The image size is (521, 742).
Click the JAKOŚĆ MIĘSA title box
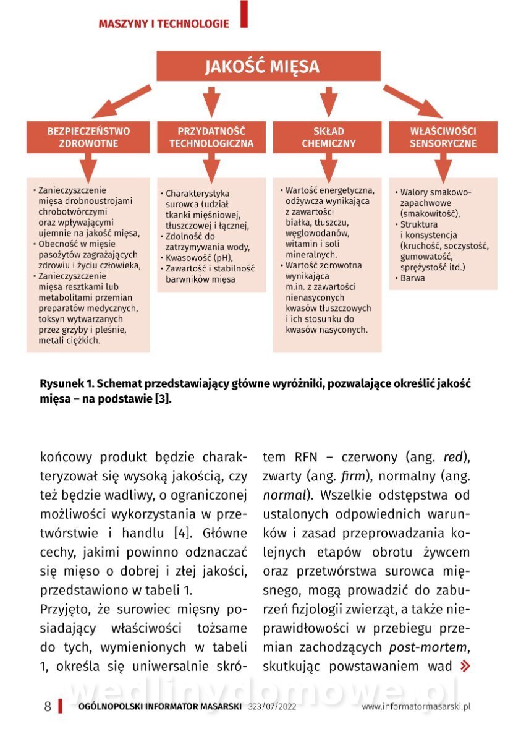tap(262, 66)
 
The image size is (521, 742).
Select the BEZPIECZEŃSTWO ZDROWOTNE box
tap(88, 137)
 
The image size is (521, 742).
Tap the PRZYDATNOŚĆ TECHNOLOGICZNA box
tap(211, 137)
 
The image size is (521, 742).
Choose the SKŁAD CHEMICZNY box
tap(328, 137)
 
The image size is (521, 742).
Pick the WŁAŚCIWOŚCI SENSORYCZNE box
tap(443, 137)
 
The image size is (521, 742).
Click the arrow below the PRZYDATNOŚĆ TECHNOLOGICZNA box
tap(211, 166)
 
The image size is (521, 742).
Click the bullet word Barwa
tap(412, 278)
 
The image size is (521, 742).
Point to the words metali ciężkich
tap(69, 340)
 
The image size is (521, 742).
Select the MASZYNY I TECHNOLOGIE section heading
tap(164, 24)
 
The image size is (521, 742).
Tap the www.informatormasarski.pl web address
tap(417, 707)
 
